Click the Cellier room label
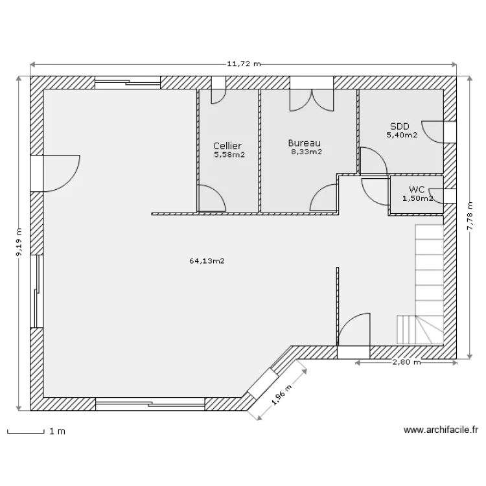[227, 146]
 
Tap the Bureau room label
[304, 143]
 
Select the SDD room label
[400, 126]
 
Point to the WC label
[416, 189]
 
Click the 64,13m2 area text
[207, 261]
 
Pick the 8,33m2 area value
[307, 152]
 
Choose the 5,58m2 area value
[229, 155]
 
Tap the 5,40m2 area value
[402, 135]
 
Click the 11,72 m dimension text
[244, 64]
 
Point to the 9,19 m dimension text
[19, 242]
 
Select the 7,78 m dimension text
[470, 216]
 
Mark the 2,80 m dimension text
[406, 362]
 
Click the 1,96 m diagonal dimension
[282, 395]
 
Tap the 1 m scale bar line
[26, 432]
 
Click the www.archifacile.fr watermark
[441, 430]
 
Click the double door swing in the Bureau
[312, 100]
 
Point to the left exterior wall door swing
[62, 173]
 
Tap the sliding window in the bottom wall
[150, 404]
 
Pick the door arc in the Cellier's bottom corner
[212, 198]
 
